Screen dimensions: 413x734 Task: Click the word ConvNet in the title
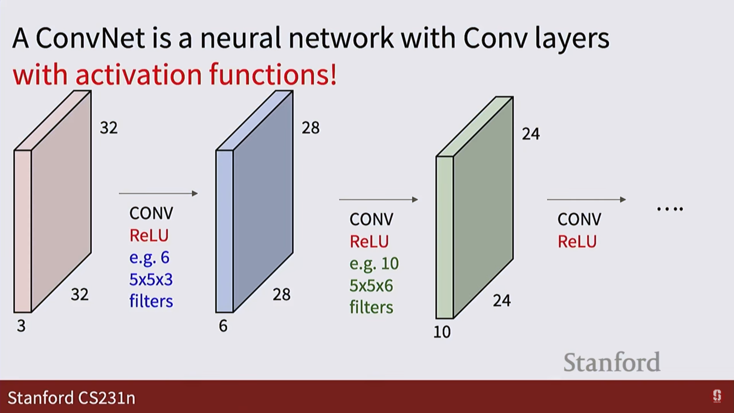91,39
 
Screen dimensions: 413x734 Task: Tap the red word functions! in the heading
273,74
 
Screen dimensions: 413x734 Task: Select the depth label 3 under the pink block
21,326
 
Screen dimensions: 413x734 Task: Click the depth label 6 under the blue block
223,326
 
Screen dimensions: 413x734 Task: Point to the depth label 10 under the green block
442,332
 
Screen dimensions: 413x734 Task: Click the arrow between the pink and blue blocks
158,193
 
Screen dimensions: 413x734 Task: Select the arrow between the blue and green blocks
378,199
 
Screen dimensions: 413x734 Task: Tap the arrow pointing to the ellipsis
586,199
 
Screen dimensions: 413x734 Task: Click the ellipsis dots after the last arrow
670,209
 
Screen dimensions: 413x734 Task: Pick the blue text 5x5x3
151,280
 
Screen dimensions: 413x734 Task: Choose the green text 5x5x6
371,286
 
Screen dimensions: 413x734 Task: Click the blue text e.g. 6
149,257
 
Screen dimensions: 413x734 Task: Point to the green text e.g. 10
374,263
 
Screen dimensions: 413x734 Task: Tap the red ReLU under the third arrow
577,242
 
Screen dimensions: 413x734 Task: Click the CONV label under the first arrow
151,213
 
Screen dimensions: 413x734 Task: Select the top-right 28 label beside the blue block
310,128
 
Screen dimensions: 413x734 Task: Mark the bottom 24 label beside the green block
502,301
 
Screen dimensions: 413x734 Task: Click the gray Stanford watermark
612,362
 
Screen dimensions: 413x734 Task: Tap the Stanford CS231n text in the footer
71,398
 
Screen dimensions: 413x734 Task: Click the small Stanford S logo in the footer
717,396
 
